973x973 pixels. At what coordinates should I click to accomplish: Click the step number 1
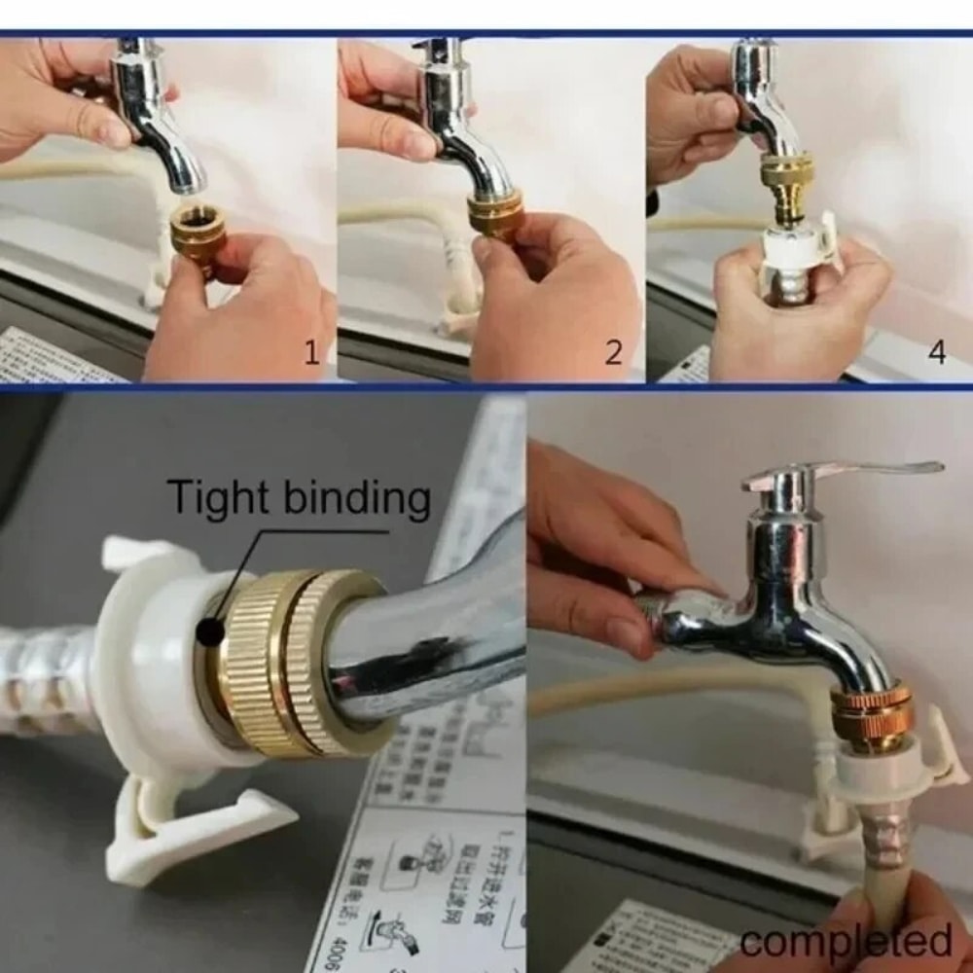[x=311, y=352]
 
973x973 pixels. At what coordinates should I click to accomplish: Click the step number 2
[x=613, y=352]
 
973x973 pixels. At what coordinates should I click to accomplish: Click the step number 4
[x=936, y=352]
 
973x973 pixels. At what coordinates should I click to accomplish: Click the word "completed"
[x=845, y=942]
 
